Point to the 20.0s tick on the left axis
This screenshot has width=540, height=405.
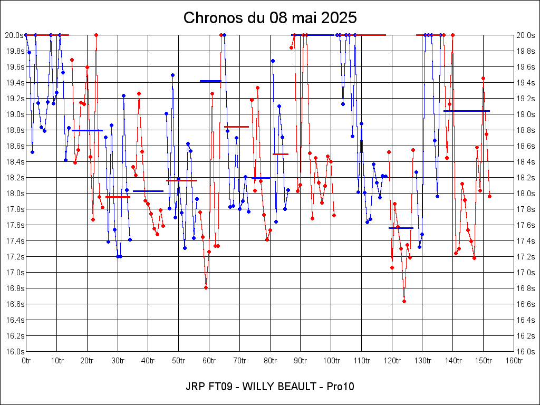[x=14, y=35]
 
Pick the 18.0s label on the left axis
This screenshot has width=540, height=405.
[x=14, y=193]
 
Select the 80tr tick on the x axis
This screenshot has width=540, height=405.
[x=270, y=361]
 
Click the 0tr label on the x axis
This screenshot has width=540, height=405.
[x=26, y=361]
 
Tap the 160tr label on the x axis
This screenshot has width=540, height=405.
[x=514, y=361]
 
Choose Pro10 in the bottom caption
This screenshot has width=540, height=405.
[x=340, y=387]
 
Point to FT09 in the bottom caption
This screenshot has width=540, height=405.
[x=217, y=387]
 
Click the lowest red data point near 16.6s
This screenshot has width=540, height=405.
[x=404, y=301]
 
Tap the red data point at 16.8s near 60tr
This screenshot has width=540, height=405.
[x=206, y=287]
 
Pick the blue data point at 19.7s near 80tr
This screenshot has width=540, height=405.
[x=273, y=61]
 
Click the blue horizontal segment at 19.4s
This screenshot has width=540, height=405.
[x=210, y=81]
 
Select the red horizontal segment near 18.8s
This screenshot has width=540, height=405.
[x=237, y=127]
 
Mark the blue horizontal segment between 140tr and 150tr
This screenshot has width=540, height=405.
[x=467, y=111]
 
